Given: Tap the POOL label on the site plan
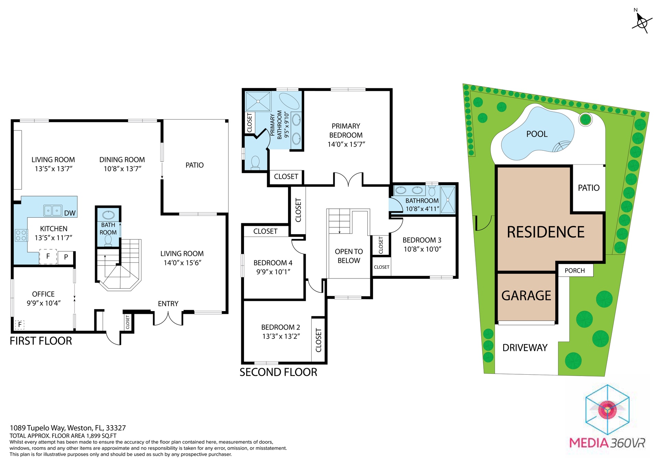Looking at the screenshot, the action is coord(537,134).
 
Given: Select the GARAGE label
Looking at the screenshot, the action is coord(526,295).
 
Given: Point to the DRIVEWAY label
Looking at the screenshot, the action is coord(525,348).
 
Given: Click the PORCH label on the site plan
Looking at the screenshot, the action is coord(575,271).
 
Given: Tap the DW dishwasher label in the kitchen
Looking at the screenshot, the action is coord(70,213).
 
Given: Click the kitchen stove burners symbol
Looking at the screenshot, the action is coord(21,235).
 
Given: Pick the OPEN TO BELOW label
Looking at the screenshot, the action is coord(349,256).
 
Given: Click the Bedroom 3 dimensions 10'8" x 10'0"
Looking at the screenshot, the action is coord(422,249).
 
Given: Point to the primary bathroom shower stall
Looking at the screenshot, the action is coord(258,101).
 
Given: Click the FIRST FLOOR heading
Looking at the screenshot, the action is coord(41,341).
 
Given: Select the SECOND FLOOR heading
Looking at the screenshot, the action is coord(278,372).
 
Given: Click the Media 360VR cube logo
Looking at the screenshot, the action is coord(607,410).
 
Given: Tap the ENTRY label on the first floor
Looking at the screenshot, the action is coord(168,304).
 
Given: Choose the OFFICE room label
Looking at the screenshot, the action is coord(43,294).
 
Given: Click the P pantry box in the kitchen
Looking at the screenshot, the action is coord(66,257).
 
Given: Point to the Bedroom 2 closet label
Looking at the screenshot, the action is coord(319,340).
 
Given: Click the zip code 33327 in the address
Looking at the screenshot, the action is coord(116,428).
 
